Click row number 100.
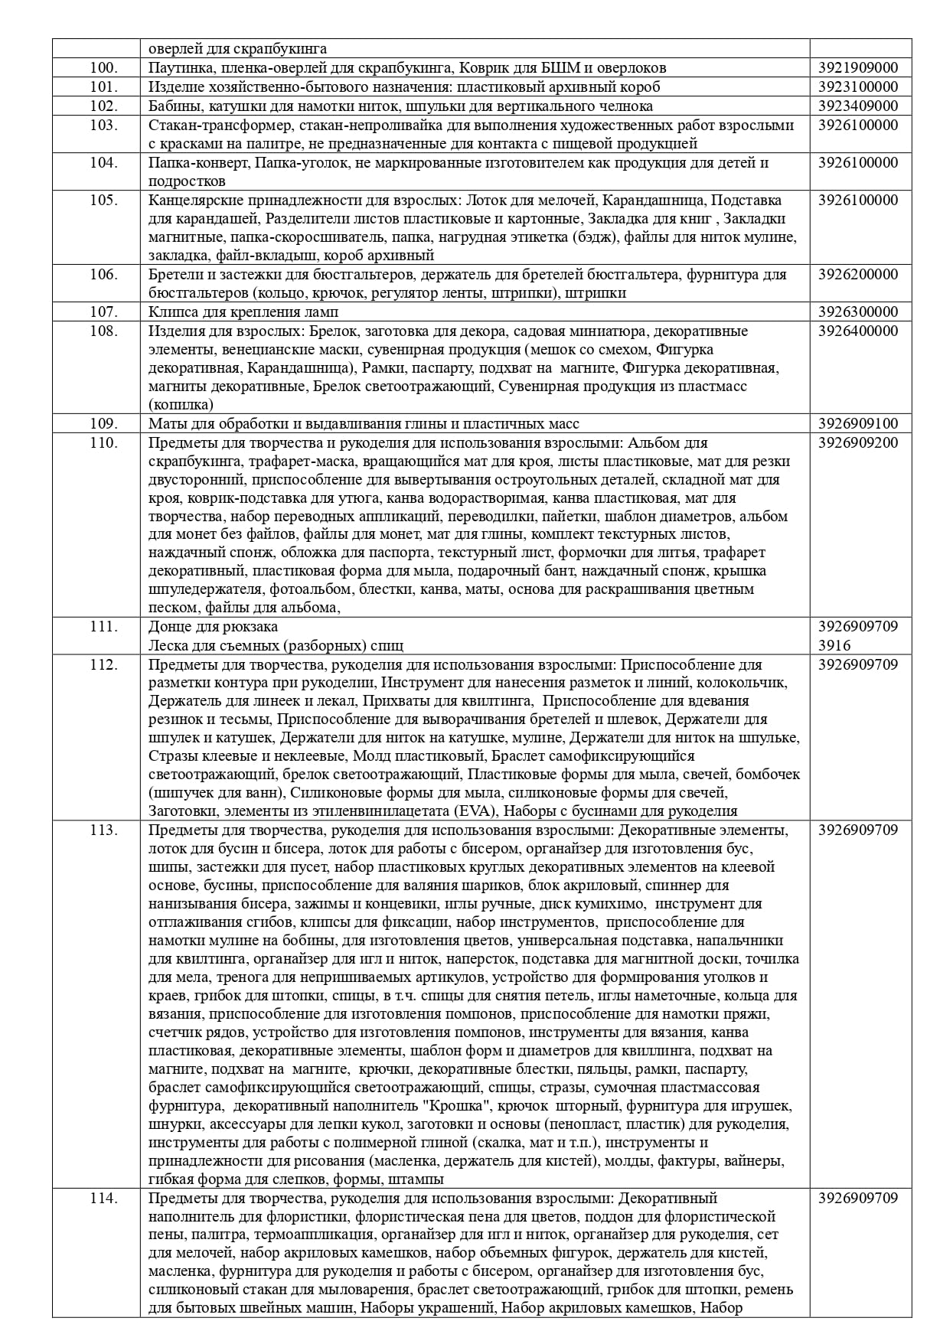point(103,67)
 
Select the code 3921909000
point(858,67)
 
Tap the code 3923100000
point(858,86)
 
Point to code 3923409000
point(858,106)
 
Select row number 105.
point(103,200)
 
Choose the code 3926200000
point(858,274)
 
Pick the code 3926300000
point(858,312)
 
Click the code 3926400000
point(858,331)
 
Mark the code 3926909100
point(858,423)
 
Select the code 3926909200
point(858,442)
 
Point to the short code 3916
point(834,645)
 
